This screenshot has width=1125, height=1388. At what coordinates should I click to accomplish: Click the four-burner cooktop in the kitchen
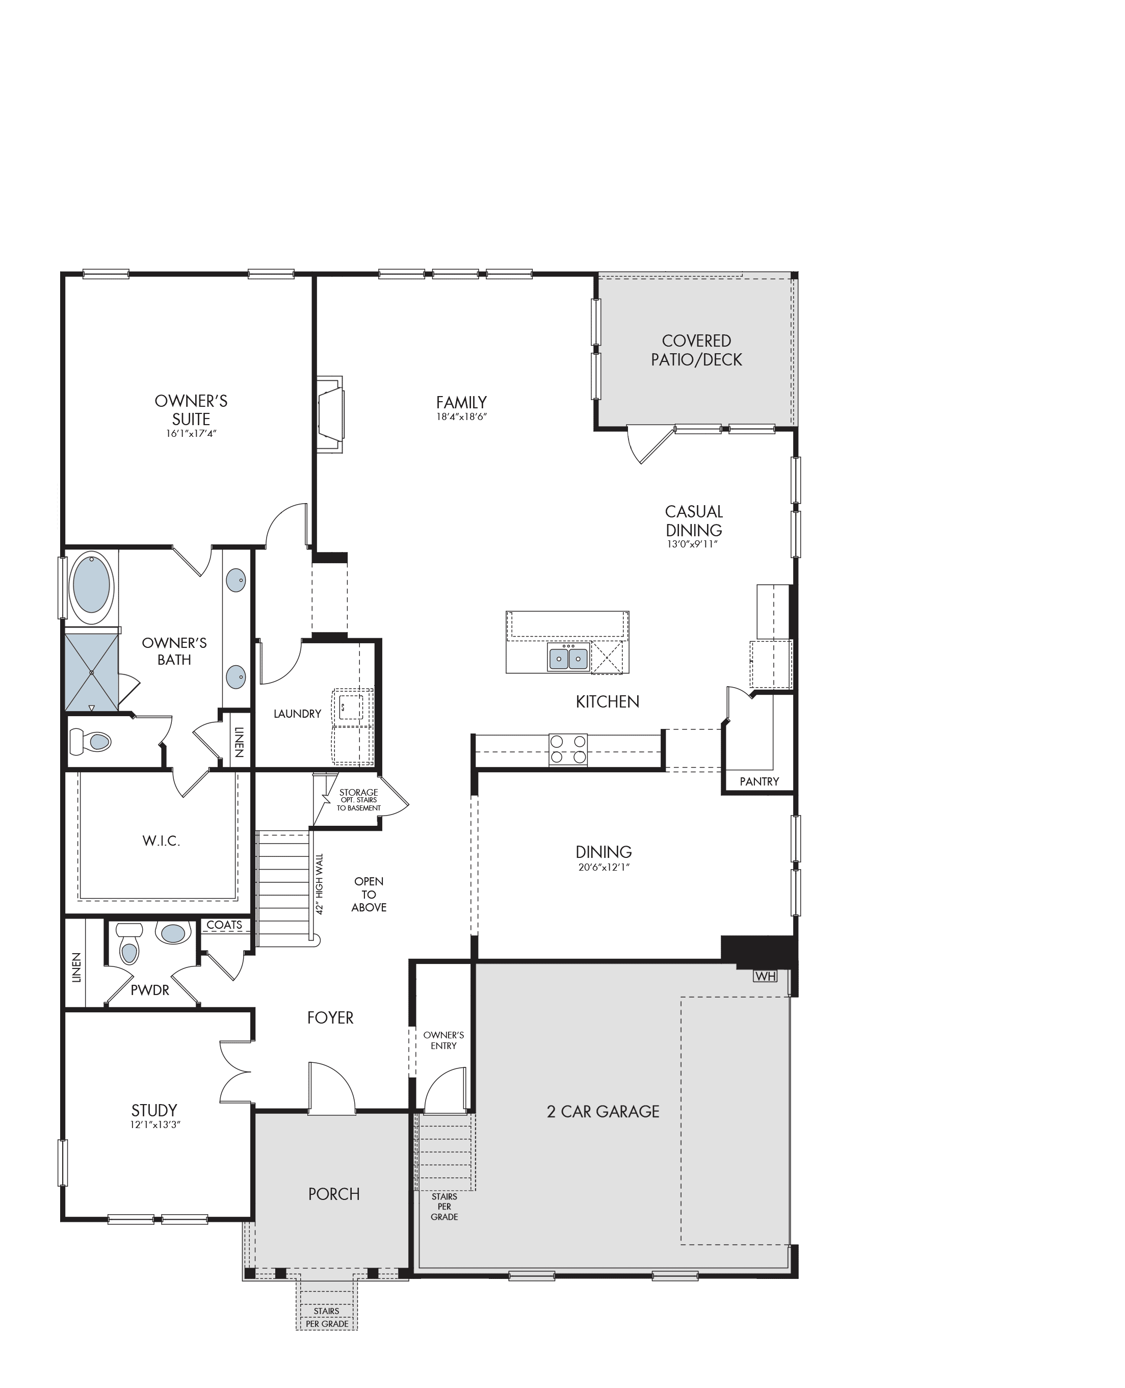click(x=568, y=750)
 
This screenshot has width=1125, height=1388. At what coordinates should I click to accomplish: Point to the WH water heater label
click(x=765, y=976)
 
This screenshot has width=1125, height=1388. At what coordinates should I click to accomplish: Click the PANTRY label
click(x=760, y=781)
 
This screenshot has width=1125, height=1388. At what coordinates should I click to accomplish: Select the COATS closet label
click(x=224, y=925)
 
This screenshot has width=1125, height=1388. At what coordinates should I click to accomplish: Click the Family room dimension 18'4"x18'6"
click(x=461, y=416)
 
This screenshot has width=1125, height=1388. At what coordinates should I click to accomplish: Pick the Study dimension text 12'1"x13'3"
click(x=155, y=1125)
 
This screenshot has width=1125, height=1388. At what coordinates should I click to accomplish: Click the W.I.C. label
click(x=162, y=841)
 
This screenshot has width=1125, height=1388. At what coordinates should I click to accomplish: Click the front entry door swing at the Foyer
click(x=332, y=1088)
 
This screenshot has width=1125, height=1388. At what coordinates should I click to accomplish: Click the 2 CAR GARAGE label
click(x=604, y=1111)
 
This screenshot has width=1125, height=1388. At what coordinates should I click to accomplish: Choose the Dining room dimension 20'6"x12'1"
click(x=604, y=867)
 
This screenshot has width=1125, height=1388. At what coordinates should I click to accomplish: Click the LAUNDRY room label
click(x=298, y=714)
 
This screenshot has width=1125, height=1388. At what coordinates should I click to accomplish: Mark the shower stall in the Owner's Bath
click(x=91, y=673)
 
